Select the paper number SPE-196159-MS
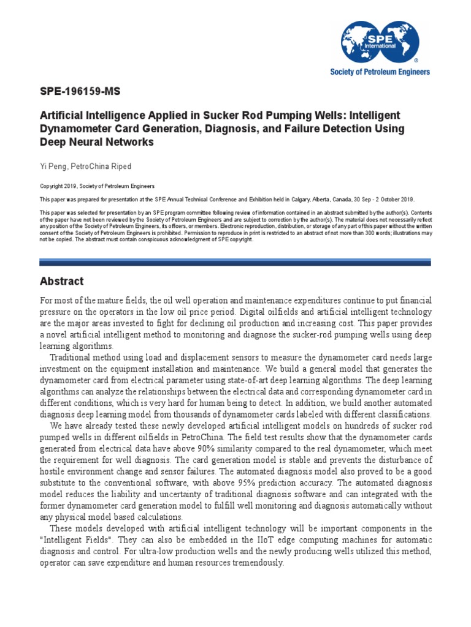(x=80, y=92)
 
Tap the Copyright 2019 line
(x=97, y=186)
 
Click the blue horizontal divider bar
(x=235, y=262)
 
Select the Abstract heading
(x=61, y=282)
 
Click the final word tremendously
(x=253, y=563)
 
